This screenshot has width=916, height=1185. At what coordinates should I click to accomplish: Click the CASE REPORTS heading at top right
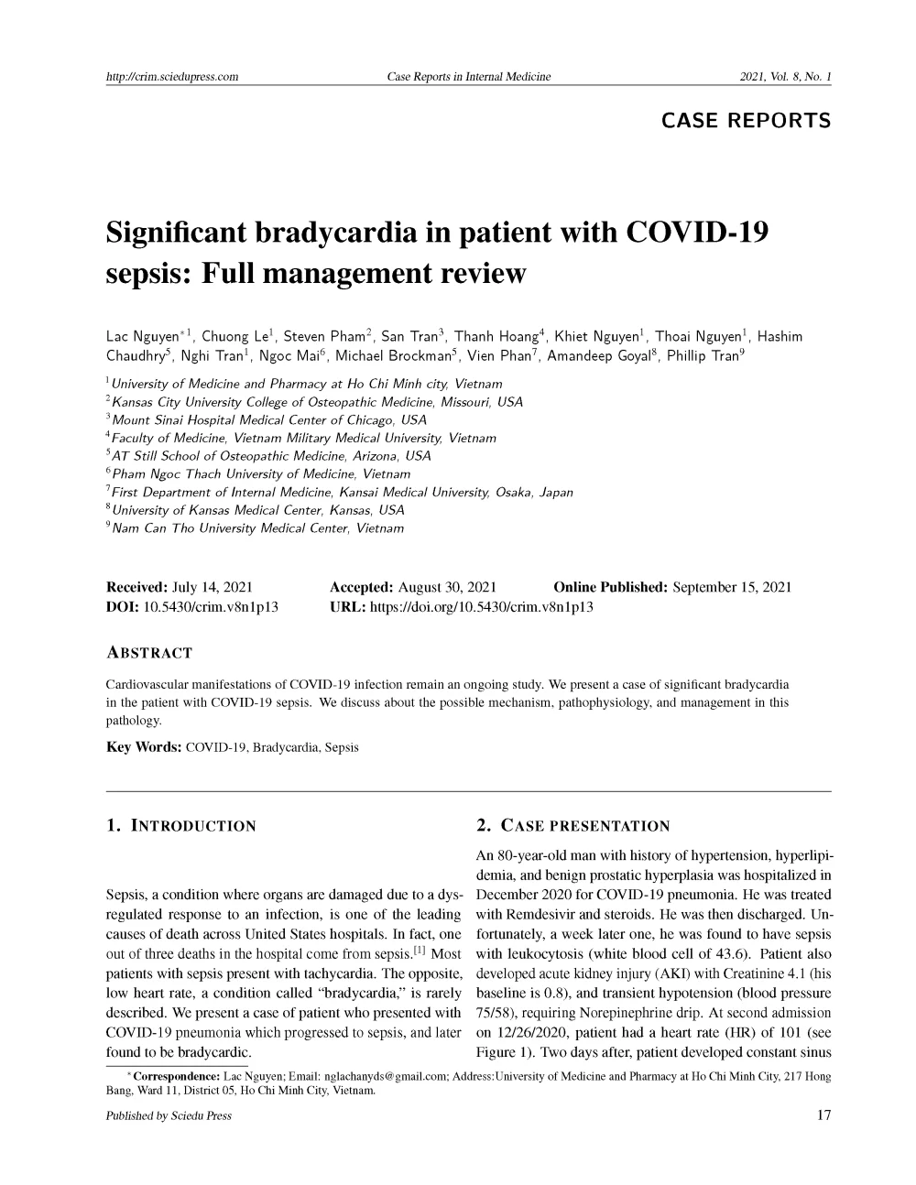coord(746,120)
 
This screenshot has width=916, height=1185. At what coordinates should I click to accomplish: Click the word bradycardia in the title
coord(338,232)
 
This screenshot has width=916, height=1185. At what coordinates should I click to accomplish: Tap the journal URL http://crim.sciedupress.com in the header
coord(172,77)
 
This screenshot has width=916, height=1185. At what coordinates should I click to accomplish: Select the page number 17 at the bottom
coord(823,1115)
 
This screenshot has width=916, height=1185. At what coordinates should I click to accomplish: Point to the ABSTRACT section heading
coord(149,653)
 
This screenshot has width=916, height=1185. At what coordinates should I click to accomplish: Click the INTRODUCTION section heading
coord(193,826)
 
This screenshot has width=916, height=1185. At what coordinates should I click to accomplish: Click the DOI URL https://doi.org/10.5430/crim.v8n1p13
coord(480,606)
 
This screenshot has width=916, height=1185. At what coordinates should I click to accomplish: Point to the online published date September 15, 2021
coord(732,587)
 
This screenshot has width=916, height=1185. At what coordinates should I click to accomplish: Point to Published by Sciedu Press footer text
coord(169,1115)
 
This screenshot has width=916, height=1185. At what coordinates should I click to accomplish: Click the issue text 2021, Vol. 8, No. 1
coord(785,77)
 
